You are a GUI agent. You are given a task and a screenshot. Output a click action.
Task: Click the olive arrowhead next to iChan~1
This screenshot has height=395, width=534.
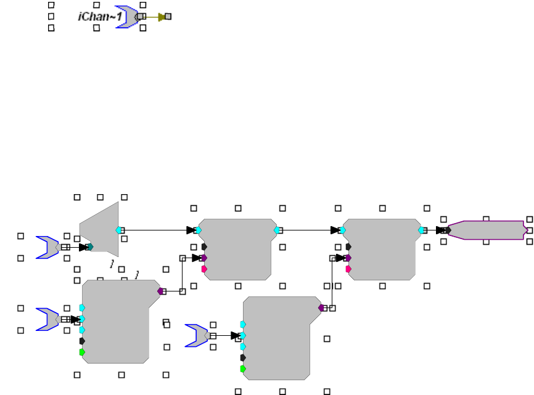click(x=162, y=17)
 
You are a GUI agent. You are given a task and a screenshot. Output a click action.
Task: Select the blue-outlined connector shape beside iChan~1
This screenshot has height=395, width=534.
click(x=126, y=17)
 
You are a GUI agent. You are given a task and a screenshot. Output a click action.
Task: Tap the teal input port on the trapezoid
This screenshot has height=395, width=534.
click(x=91, y=247)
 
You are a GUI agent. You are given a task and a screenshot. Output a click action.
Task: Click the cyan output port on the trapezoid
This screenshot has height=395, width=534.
click(x=118, y=230)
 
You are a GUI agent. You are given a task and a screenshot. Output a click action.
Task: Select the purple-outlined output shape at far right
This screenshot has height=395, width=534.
click(x=487, y=230)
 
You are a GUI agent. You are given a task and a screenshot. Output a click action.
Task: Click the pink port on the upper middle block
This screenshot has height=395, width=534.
click(x=204, y=269)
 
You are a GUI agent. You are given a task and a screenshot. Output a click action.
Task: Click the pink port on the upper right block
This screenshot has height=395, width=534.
click(x=348, y=269)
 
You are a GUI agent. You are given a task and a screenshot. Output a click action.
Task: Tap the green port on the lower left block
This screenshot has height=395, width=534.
click(x=82, y=352)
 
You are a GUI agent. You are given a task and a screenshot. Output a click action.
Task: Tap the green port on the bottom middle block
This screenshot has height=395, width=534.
click(x=242, y=369)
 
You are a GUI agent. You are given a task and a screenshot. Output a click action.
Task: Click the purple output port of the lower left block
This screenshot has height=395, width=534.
click(x=160, y=291)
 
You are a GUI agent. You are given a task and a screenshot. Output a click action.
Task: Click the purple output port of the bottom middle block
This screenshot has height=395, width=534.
click(x=321, y=307)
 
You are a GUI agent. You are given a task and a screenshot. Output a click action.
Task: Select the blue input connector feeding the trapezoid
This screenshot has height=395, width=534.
click(x=47, y=246)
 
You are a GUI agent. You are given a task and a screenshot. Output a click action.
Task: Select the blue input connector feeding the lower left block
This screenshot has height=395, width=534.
click(x=47, y=319)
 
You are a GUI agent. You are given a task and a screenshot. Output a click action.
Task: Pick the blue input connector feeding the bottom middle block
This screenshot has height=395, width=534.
click(x=195, y=335)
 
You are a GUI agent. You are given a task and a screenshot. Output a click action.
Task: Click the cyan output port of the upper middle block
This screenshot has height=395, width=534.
click(x=277, y=230)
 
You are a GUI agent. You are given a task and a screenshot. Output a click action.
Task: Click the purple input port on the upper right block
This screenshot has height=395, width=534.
click(x=348, y=258)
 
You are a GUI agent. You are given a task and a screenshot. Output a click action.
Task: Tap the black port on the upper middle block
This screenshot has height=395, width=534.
click(x=204, y=246)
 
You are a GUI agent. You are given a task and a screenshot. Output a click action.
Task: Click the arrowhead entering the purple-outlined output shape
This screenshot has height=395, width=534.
click(x=440, y=230)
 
